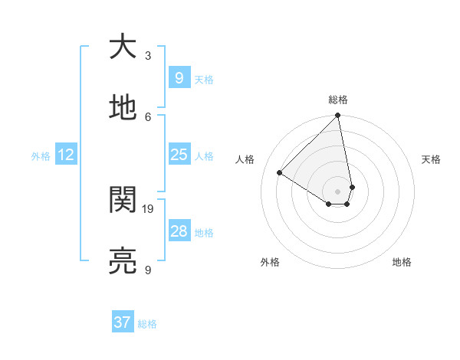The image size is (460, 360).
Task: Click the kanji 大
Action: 122,47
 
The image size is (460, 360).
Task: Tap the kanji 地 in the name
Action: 122,109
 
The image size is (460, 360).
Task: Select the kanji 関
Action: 122,201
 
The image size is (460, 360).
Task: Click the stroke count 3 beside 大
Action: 148,55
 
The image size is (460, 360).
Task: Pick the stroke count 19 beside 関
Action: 148,208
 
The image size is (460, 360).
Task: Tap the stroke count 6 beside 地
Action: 148,116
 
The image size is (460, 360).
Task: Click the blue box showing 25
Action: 179,155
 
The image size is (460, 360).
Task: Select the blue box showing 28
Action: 179,231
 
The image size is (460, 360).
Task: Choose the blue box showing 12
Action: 66,155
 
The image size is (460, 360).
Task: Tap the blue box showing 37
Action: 122,322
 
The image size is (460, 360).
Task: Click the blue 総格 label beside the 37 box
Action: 147,324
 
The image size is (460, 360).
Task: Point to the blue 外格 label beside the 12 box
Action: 41,156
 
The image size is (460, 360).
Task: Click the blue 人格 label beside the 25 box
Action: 204,156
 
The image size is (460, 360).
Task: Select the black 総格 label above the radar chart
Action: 338,100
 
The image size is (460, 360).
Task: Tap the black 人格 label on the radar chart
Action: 245,159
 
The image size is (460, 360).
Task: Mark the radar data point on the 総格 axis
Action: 338,116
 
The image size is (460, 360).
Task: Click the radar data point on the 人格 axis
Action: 280,173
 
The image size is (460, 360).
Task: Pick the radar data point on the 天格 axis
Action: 352,187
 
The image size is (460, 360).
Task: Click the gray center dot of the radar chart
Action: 338,191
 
